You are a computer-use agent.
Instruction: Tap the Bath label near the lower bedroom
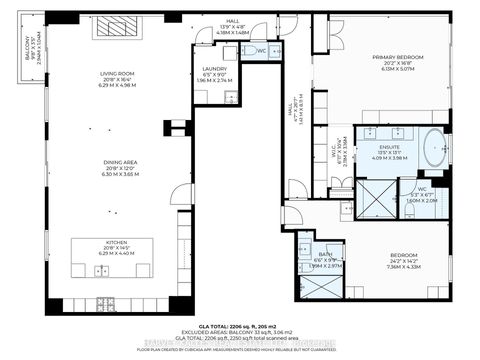tap(326, 258)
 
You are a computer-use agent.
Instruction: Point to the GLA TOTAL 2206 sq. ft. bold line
tap(244, 325)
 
